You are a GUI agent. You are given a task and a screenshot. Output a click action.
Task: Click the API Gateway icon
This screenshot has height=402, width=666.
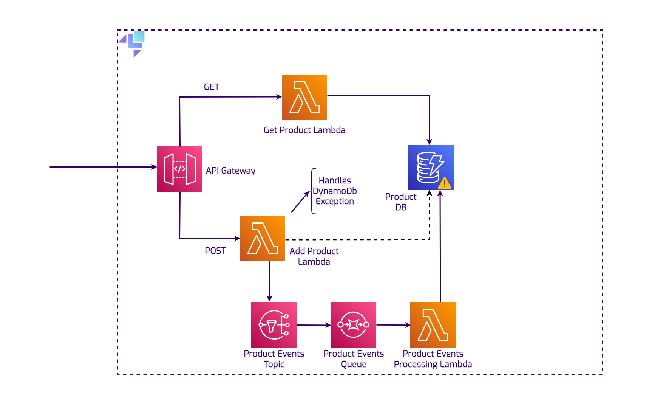(179, 169)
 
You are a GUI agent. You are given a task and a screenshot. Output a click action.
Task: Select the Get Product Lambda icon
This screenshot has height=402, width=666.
(304, 97)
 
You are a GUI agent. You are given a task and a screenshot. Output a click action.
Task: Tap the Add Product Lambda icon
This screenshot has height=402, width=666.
(262, 238)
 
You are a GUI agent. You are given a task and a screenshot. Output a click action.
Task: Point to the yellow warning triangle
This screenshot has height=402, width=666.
(445, 183)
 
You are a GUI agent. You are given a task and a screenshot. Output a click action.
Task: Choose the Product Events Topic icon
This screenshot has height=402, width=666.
(274, 324)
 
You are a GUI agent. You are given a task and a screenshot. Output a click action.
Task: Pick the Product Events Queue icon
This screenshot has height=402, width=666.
(353, 324)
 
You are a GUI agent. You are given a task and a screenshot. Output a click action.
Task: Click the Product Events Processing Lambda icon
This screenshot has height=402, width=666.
(433, 324)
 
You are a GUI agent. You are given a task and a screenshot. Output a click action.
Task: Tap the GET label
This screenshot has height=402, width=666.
(212, 87)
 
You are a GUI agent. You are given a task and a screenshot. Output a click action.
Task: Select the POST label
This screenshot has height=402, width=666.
(215, 251)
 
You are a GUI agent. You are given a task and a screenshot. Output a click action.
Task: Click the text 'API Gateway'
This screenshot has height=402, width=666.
(230, 171)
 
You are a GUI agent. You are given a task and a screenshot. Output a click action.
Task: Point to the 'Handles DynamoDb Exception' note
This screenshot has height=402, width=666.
(335, 191)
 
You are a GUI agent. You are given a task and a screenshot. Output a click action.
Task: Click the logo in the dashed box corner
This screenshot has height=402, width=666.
(133, 43)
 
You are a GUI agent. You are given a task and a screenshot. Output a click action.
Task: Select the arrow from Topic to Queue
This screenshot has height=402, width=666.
(314, 325)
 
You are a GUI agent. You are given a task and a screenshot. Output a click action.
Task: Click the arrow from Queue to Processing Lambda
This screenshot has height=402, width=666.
(393, 325)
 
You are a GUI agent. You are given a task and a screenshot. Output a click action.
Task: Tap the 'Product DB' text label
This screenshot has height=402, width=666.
(401, 202)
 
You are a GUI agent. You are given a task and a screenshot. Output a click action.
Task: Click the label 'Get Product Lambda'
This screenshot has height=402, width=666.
(304, 130)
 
